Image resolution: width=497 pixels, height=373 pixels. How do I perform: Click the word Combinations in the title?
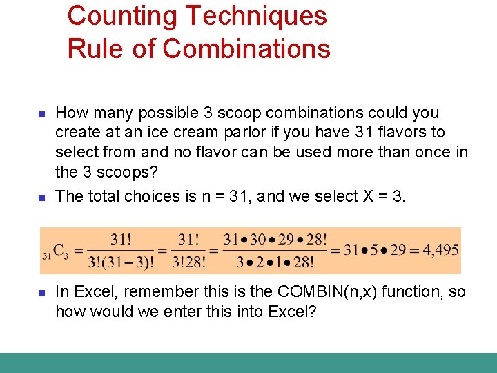pyautogui.click(x=246, y=48)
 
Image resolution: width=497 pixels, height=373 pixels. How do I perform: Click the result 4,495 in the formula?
pyautogui.click(x=438, y=249)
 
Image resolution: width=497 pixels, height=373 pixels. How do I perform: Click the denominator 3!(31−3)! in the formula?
pyautogui.click(x=121, y=262)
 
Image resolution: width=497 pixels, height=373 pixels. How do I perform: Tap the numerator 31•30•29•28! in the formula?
pyautogui.click(x=275, y=239)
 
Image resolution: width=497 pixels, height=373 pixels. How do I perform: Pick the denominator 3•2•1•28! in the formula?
pyautogui.click(x=275, y=262)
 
